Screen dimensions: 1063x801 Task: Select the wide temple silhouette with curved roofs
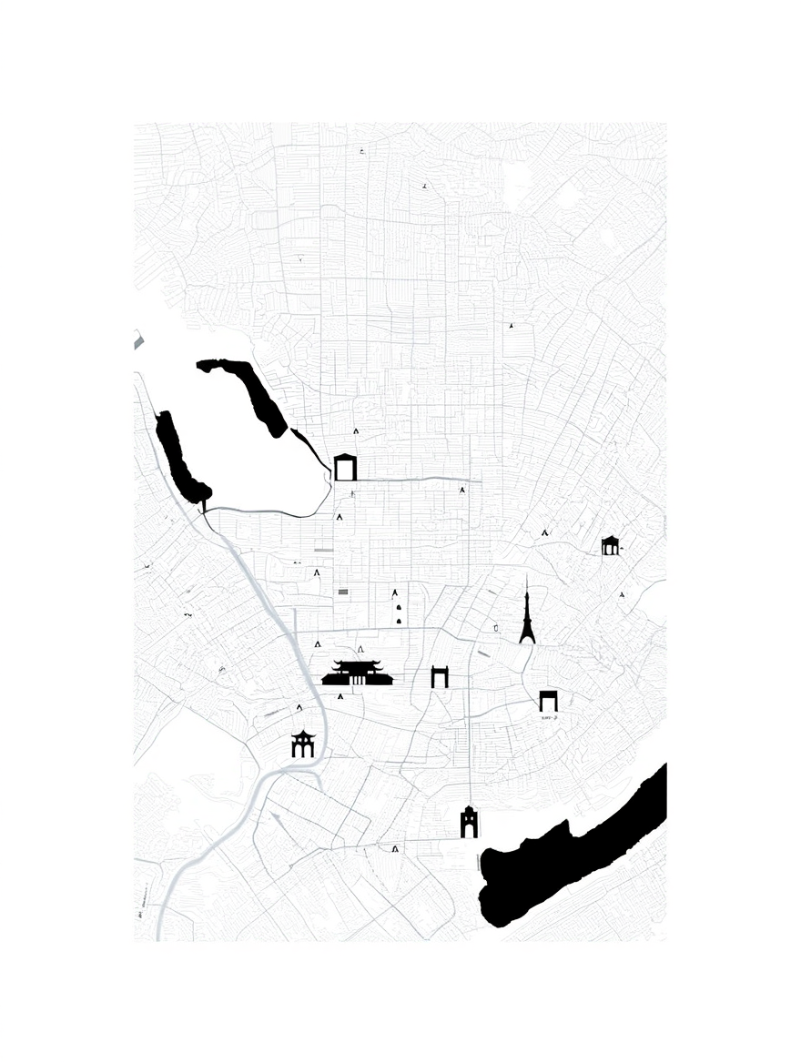coord(357,673)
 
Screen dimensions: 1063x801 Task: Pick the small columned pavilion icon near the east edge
coord(610,545)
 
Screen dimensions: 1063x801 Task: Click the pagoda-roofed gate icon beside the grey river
coord(302,744)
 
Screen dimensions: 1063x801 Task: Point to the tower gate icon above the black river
coord(469,822)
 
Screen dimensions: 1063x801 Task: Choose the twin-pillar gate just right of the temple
coord(440,676)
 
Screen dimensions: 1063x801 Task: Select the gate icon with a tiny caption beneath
coord(548,700)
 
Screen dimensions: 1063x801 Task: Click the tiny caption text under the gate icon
coord(548,717)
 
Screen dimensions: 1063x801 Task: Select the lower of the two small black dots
coord(399,621)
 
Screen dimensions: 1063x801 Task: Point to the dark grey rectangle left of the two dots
coord(343,592)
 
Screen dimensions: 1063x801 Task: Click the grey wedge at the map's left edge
coord(138,341)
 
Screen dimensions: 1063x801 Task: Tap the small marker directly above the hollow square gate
coord(356,432)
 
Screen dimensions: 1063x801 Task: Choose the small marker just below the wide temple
coord(340,696)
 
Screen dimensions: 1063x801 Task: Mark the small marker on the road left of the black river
coord(395,848)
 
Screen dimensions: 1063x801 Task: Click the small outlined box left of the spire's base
coord(496,627)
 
